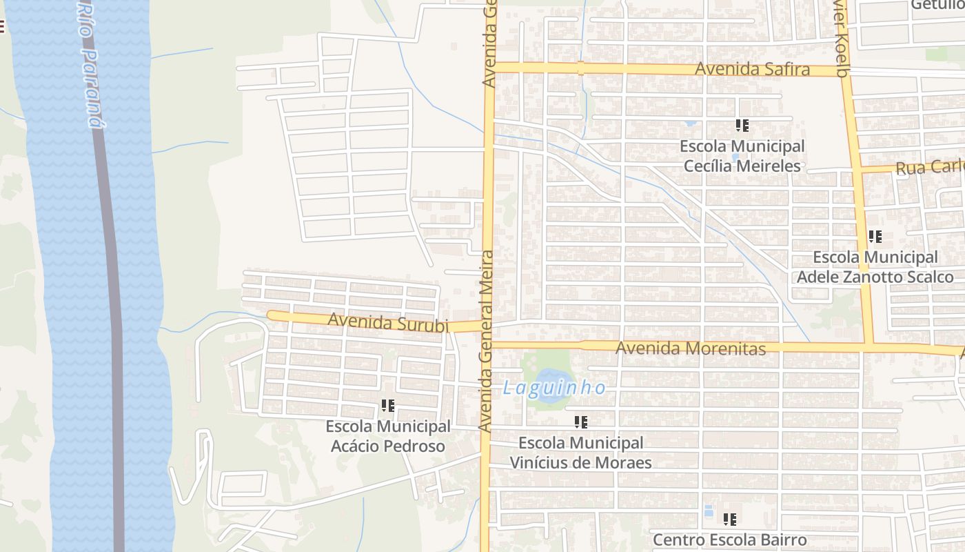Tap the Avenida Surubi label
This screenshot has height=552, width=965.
(x=388, y=322)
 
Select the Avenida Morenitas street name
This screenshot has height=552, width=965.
(x=690, y=348)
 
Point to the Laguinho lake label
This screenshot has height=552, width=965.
(x=554, y=388)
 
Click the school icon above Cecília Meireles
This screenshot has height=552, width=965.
(x=742, y=126)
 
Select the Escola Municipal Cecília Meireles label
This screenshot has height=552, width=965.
(x=742, y=157)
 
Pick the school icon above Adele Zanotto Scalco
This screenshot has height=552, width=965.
(x=875, y=237)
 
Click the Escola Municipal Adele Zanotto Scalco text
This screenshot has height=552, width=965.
(x=875, y=267)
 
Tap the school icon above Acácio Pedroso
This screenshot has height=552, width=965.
(x=387, y=406)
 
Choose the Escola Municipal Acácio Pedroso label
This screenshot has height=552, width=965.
(x=387, y=436)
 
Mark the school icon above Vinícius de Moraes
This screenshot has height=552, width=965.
(x=580, y=422)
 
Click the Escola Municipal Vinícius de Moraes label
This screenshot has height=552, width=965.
(x=580, y=453)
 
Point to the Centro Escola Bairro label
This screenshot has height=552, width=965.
(x=729, y=540)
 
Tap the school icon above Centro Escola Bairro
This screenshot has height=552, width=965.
(x=729, y=519)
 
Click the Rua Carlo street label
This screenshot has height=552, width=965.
(x=929, y=168)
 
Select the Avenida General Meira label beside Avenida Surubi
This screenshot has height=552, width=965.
(x=487, y=342)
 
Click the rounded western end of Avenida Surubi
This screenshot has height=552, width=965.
(x=271, y=315)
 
